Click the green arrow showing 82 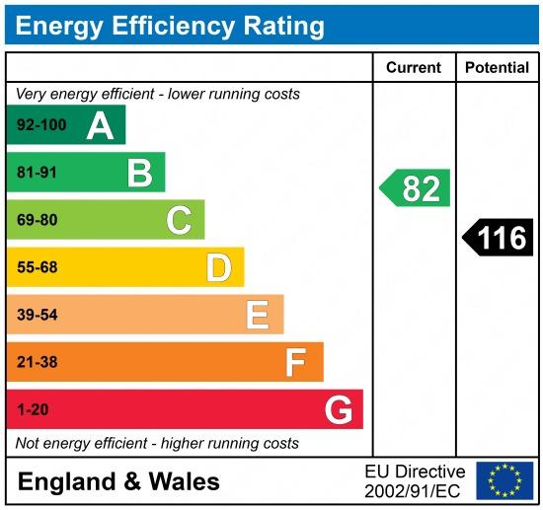click(x=415, y=187)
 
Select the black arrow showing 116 click(x=498, y=238)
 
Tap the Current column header click(x=414, y=67)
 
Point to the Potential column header click(x=497, y=67)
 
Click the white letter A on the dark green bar click(x=100, y=127)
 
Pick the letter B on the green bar click(x=140, y=174)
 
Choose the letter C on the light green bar click(x=179, y=220)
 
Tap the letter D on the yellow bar click(x=219, y=267)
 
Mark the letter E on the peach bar click(x=258, y=315)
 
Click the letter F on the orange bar click(x=296, y=362)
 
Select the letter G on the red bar click(x=339, y=409)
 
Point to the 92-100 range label click(x=41, y=125)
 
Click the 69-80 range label click(x=38, y=220)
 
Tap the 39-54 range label click(x=38, y=315)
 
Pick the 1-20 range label click(x=33, y=410)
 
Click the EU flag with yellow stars click(x=504, y=480)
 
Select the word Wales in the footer click(x=184, y=481)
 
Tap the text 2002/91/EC click(x=413, y=491)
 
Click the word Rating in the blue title click(x=284, y=27)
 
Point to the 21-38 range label click(x=38, y=362)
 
